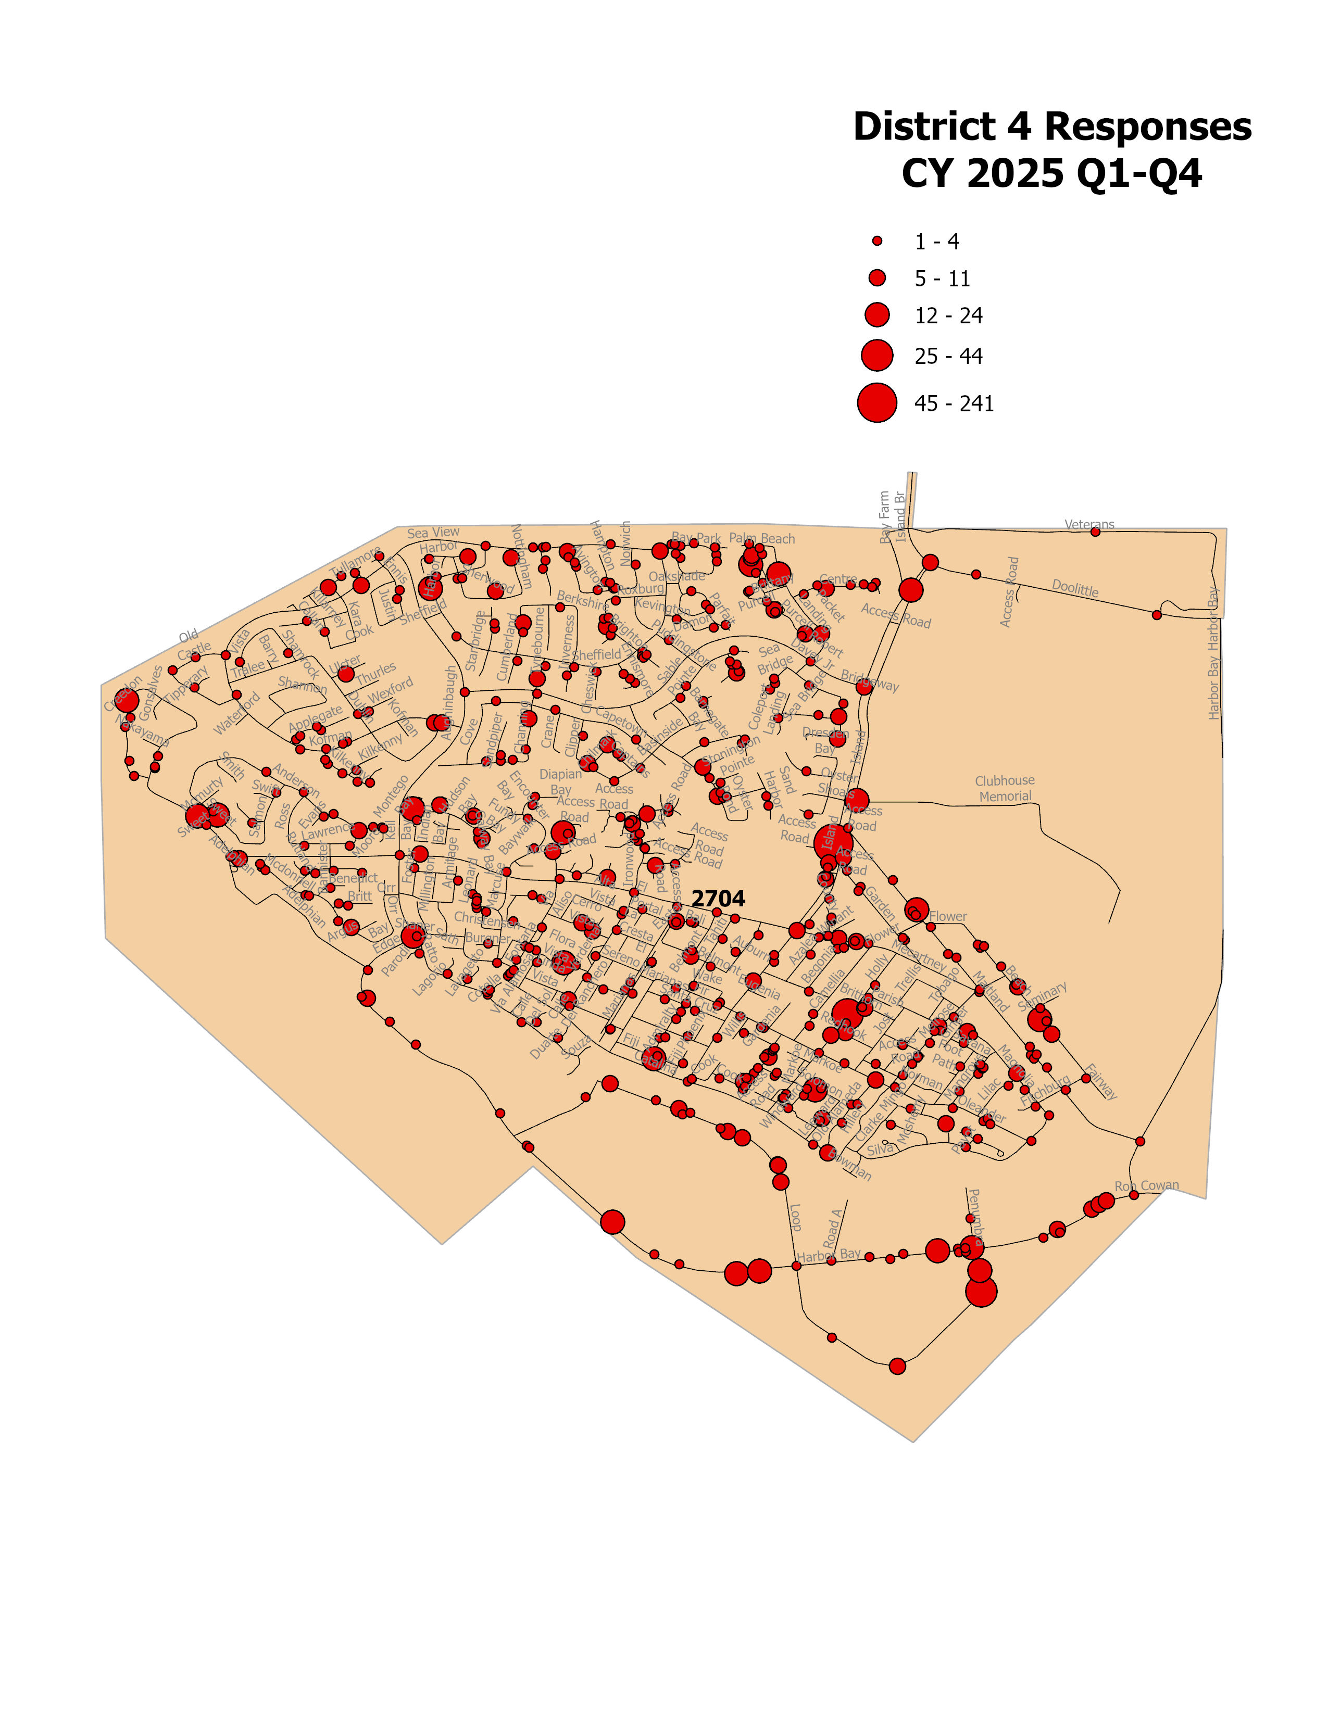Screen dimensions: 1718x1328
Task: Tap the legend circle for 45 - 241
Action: coord(876,403)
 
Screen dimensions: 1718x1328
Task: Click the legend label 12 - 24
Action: coord(948,315)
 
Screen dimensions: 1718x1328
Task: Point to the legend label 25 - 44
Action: coord(948,356)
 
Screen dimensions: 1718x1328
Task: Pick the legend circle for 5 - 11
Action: coord(876,277)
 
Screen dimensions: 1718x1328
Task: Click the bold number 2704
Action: coord(718,899)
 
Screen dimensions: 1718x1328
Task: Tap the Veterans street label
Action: coord(1089,524)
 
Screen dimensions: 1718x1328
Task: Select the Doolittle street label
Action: coord(1075,588)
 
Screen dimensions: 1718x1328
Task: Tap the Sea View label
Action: coord(433,533)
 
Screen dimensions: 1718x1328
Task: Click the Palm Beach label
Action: coord(761,539)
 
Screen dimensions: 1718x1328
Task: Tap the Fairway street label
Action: coord(1100,1082)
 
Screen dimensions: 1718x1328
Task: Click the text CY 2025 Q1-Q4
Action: coord(1052,174)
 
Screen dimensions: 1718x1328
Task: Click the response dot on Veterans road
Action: coord(1094,532)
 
